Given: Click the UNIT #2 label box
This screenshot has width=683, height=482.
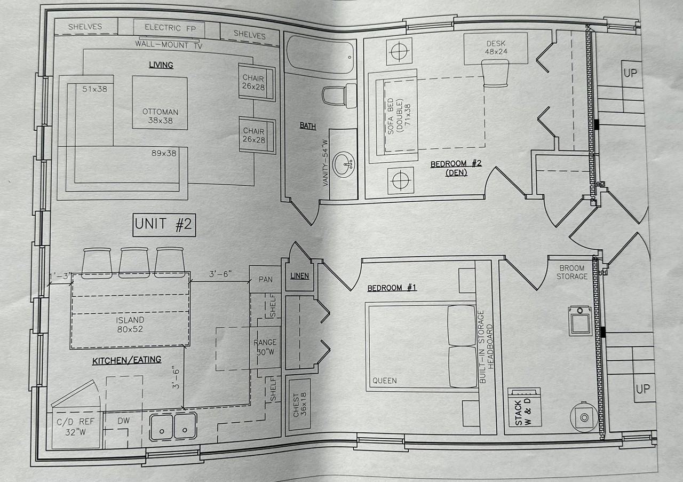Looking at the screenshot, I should (x=163, y=225).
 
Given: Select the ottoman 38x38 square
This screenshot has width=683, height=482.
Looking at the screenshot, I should (x=160, y=102).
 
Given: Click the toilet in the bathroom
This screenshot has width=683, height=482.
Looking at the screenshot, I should (x=339, y=96).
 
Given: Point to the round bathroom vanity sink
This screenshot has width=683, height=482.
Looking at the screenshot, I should (x=343, y=164).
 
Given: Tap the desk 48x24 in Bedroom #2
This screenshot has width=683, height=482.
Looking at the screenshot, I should (x=496, y=47).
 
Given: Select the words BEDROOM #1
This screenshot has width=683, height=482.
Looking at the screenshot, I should (x=392, y=288).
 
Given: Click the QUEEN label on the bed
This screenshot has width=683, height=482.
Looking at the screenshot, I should (x=385, y=381).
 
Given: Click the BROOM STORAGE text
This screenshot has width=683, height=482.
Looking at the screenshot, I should (x=571, y=272).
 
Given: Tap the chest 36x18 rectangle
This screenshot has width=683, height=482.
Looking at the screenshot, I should (x=299, y=405).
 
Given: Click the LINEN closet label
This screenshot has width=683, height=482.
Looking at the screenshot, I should (x=299, y=276).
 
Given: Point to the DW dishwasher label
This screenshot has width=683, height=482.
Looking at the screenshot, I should (x=123, y=421).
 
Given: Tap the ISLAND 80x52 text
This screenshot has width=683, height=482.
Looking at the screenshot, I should (x=130, y=325).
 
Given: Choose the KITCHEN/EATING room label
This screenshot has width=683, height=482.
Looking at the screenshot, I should (x=127, y=360).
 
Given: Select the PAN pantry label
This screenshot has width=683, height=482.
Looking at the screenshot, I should (x=266, y=280).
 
